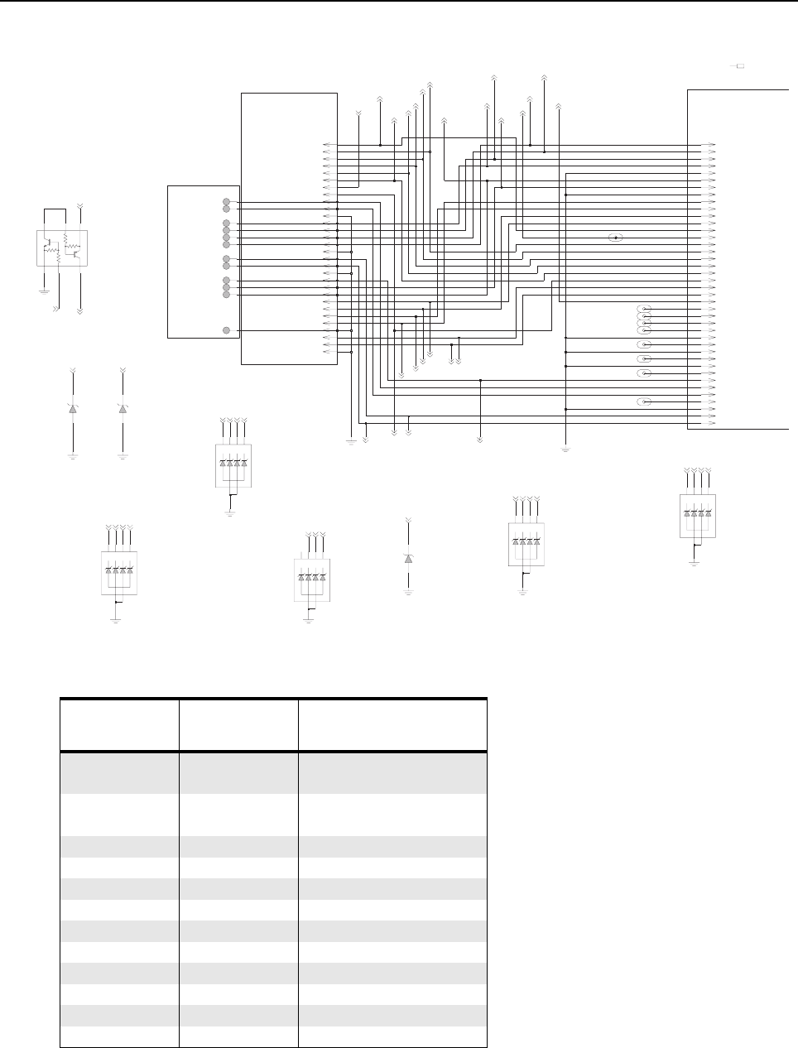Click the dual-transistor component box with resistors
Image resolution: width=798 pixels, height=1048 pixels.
(x=61, y=248)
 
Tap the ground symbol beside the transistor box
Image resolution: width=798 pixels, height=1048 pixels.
(x=43, y=290)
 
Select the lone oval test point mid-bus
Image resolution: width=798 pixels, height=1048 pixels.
(x=615, y=238)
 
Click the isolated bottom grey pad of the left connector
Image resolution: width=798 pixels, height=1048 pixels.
(x=227, y=330)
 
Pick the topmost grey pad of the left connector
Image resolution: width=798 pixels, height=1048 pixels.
(x=227, y=202)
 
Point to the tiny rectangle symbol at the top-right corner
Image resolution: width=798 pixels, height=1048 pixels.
(x=741, y=65)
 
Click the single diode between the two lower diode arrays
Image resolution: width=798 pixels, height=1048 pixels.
(x=408, y=559)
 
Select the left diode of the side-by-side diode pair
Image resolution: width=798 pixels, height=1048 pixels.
(x=73, y=409)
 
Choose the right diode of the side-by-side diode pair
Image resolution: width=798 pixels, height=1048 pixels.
(x=123, y=409)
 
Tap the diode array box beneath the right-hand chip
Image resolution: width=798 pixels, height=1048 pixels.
(x=697, y=516)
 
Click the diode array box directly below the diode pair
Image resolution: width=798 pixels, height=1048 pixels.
(x=118, y=572)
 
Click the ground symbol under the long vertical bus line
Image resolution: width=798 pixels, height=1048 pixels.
(x=565, y=449)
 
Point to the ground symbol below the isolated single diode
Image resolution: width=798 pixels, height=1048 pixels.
(x=408, y=593)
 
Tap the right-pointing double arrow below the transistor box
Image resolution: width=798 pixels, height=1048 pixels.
(x=55, y=308)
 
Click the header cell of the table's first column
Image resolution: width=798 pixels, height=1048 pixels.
(x=119, y=724)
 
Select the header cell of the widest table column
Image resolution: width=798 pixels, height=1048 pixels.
(x=392, y=724)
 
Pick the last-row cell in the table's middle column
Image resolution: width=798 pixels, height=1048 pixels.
(x=238, y=1036)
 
